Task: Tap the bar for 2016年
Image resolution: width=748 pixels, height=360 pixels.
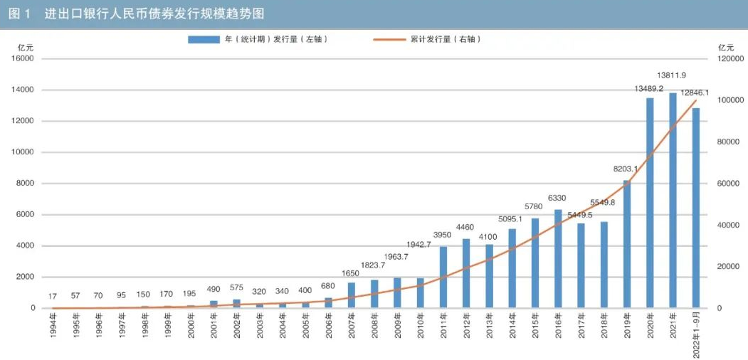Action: click(x=558, y=259)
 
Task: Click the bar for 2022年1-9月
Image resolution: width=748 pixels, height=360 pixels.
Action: click(x=696, y=208)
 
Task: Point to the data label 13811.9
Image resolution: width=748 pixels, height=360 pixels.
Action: click(x=672, y=75)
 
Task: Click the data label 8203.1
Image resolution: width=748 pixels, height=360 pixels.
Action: click(x=626, y=169)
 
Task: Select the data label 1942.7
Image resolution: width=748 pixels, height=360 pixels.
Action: click(x=420, y=264)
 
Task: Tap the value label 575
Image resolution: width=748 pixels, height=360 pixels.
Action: click(x=237, y=287)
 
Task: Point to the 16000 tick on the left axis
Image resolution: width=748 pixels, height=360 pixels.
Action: click(x=23, y=59)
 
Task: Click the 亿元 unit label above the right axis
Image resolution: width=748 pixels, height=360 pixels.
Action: click(x=725, y=46)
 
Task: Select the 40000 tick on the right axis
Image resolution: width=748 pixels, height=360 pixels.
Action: click(x=727, y=226)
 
